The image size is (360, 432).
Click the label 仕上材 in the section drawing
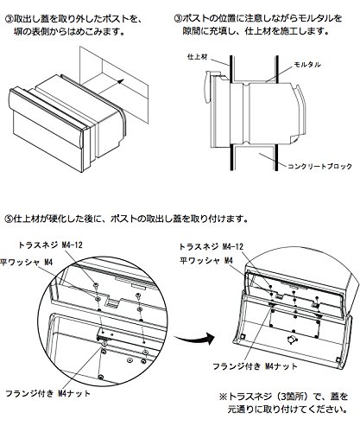pyautogui.click(x=198, y=57)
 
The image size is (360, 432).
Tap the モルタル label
pyautogui.click(x=307, y=65)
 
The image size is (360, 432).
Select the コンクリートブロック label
pyautogui.click(x=319, y=166)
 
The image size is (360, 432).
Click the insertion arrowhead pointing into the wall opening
pyautogui.click(x=122, y=80)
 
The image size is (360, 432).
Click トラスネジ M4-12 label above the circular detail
pyautogui.click(x=50, y=245)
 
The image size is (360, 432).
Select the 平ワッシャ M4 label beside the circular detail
pyautogui.click(x=27, y=263)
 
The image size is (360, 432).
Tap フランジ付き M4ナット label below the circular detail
pyautogui.click(x=48, y=393)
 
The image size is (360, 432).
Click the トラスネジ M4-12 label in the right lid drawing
pyautogui.click(x=212, y=247)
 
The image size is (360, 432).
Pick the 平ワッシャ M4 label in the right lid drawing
pyautogui.click(x=206, y=261)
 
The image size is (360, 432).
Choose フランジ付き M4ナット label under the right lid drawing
pyautogui.click(x=255, y=366)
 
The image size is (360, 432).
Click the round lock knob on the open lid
pyautogui.click(x=292, y=339)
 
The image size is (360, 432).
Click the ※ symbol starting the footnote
pyautogui.click(x=223, y=397)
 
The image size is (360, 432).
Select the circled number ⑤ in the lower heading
pyautogui.click(x=9, y=219)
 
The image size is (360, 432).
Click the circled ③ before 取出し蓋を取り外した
pyautogui.click(x=9, y=19)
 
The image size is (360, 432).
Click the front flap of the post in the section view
pyautogui.click(x=206, y=88)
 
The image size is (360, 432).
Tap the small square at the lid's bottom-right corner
pyautogui.click(x=338, y=359)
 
